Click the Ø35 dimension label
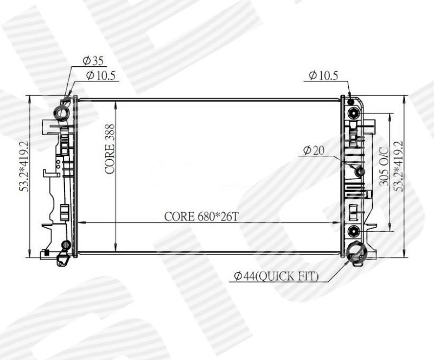pyautogui.click(x=93, y=61)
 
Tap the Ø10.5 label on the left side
pyautogui.click(x=101, y=75)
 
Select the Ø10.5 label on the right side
pyautogui.click(x=323, y=75)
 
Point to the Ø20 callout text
pyautogui.click(x=314, y=150)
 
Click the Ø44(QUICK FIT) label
pyautogui.click(x=276, y=276)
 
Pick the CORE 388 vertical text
pyautogui.click(x=110, y=149)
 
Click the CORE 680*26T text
pyautogui.click(x=201, y=217)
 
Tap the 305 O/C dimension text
pyautogui.click(x=384, y=166)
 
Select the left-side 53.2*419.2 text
pyautogui.click(x=24, y=166)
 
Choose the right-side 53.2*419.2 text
pyautogui.click(x=399, y=166)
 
